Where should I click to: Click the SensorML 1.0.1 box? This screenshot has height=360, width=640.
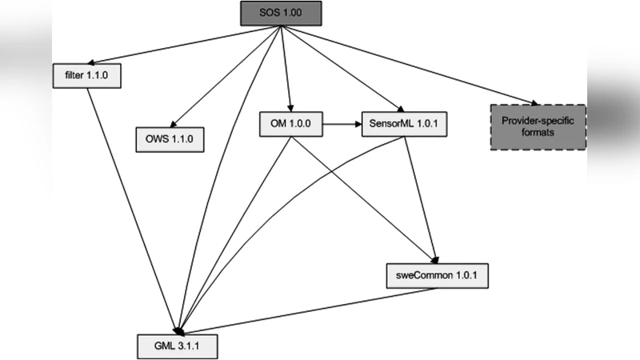point(398,124)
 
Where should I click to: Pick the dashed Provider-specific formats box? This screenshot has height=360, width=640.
point(538,126)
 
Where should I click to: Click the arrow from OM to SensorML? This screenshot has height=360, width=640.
point(331,124)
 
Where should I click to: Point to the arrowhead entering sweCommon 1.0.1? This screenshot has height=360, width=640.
point(434,259)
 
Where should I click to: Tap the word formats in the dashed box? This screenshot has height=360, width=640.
point(538,134)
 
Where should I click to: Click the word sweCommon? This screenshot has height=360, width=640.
point(422,275)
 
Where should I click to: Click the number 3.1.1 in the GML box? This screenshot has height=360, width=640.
point(189,346)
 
